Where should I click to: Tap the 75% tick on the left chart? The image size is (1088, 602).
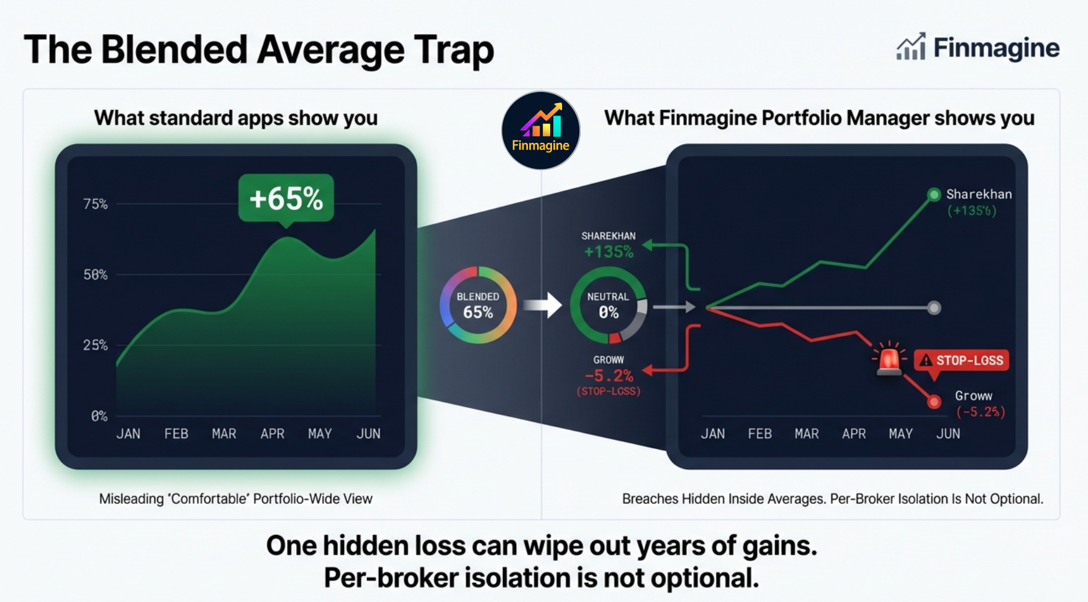point(96,204)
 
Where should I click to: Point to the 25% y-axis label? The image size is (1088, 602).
point(96,345)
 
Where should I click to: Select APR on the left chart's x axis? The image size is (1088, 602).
point(272,434)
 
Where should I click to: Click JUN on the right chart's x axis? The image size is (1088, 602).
point(948,434)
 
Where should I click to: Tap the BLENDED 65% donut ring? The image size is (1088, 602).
point(478,305)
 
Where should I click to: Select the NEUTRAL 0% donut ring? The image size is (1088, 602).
point(609,305)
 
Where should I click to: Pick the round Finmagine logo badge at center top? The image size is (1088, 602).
point(540,130)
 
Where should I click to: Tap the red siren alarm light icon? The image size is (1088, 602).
point(889,359)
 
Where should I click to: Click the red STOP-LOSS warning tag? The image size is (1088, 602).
point(962,360)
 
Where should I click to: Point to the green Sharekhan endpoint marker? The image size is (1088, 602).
point(933,194)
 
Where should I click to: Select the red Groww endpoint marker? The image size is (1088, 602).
point(933,403)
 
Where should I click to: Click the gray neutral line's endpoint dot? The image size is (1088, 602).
point(933,308)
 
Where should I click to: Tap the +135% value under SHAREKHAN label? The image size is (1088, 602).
point(609,252)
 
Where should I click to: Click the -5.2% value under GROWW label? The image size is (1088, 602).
point(609,375)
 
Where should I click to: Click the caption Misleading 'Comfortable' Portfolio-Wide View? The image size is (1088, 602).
point(235,499)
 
